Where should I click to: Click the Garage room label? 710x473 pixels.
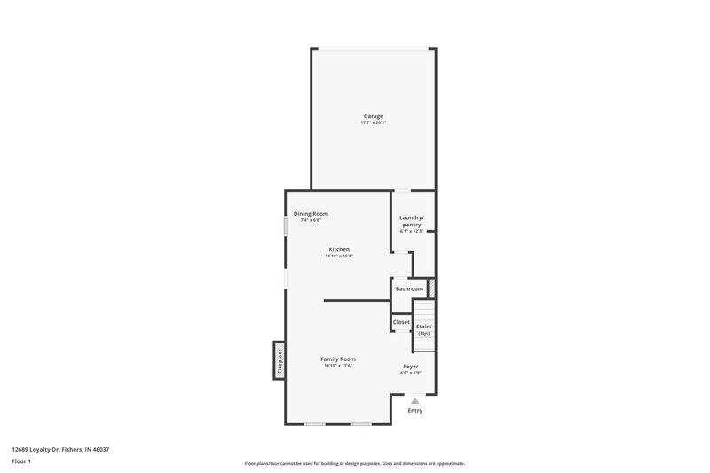(373, 116)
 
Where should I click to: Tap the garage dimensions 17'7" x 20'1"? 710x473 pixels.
(373, 122)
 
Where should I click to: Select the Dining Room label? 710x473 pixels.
(312, 213)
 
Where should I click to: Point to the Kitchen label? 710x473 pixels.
(339, 249)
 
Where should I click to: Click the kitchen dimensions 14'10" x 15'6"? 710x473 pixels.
(339, 256)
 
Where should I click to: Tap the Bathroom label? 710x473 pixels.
(409, 288)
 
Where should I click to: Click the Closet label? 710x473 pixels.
(401, 322)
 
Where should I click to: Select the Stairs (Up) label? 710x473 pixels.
(423, 330)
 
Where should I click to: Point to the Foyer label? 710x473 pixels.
(411, 367)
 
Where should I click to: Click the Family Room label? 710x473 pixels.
(338, 359)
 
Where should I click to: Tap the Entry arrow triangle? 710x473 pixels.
(414, 401)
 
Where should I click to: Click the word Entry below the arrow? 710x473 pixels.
(414, 410)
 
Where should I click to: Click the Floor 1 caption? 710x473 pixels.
(21, 461)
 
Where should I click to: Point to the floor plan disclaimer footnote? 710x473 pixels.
(354, 463)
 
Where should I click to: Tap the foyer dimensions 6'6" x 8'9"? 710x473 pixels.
(411, 373)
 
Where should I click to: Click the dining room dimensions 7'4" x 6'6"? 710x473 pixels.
(311, 220)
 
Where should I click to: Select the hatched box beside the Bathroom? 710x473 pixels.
(431, 288)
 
